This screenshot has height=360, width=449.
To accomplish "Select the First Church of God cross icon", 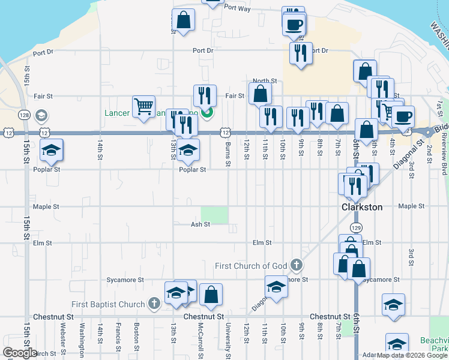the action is pyautogui.click(x=296, y=265).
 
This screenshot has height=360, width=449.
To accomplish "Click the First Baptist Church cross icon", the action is pyautogui.click(x=154, y=304).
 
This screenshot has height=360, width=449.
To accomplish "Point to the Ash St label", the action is pyautogui.click(x=200, y=224).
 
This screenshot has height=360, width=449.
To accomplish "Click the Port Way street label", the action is pyautogui.click(x=237, y=8).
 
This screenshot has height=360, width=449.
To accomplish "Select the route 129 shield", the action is pyautogui.click(x=356, y=228).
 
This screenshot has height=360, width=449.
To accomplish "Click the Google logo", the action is pyautogui.click(x=20, y=353).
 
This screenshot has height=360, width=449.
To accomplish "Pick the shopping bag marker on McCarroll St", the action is pyautogui.click(x=211, y=294).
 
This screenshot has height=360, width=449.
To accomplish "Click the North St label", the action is pyautogui.click(x=264, y=80).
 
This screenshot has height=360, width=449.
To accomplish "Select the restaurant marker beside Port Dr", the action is pyautogui.click(x=300, y=52).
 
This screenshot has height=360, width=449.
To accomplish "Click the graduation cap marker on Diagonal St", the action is pyautogui.click(x=276, y=287).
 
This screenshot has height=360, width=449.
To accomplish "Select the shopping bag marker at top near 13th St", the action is pyautogui.click(x=183, y=20).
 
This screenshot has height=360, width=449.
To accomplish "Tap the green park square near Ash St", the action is pyautogui.click(x=214, y=215).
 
